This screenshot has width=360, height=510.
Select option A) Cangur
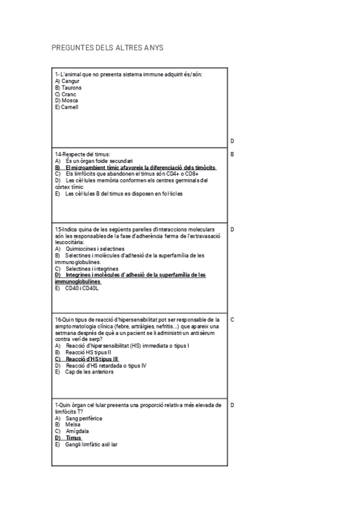point(67,81)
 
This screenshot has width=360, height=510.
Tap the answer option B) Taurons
point(68,87)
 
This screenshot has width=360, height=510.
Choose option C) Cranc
point(66,94)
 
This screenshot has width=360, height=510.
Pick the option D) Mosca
point(66,100)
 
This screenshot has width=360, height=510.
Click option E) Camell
point(66,107)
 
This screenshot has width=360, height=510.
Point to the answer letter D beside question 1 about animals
point(232,141)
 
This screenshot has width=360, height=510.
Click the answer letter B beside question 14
point(232,154)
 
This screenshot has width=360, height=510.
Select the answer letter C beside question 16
point(232,319)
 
